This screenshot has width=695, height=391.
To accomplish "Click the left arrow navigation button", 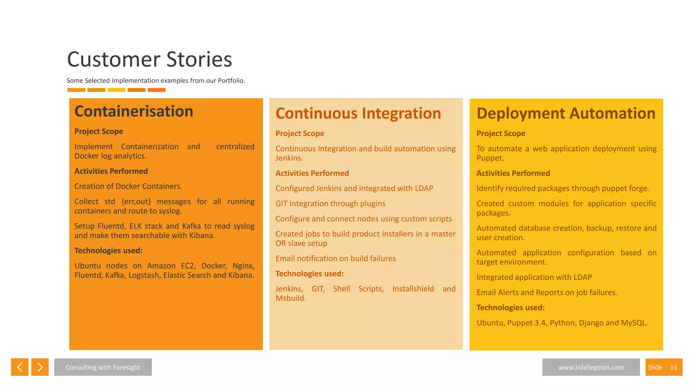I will tap(20, 367).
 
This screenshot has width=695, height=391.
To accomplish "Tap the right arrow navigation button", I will tap(40, 367).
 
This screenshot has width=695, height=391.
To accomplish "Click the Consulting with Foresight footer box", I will tap(103, 367).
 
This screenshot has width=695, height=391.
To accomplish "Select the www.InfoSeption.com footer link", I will tap(591, 367).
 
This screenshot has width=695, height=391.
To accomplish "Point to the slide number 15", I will tap(673, 367).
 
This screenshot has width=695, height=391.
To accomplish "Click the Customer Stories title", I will tap(149, 59).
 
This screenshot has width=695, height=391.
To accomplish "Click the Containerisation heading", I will tap(134, 111).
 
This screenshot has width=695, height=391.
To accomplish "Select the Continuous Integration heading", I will tap(358, 113).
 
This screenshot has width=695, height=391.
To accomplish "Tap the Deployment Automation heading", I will tap(566, 113).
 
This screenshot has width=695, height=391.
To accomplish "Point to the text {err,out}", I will tap(136, 202).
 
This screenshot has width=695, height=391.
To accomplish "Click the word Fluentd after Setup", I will tap(111, 226).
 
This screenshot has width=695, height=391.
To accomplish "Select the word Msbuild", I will tap(290, 298).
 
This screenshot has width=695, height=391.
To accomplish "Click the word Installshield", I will tap(413, 289).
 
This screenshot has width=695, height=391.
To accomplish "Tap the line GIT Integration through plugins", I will tap(330, 204).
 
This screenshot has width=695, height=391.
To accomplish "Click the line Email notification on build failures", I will tap(335, 259).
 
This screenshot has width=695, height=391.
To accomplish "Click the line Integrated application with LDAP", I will tap(534, 277).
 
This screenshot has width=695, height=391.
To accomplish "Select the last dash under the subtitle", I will tap(156, 90).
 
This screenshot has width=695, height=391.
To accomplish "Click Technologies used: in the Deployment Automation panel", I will tap(510, 308).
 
